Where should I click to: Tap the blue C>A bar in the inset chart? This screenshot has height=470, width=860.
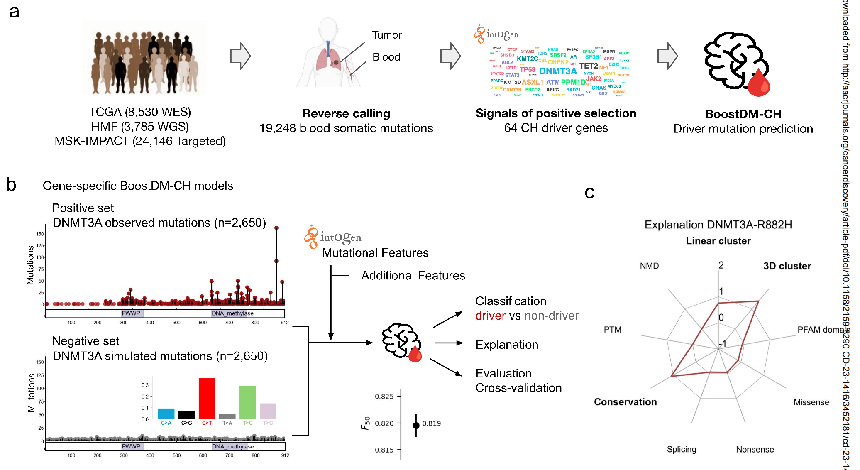[x=166, y=414]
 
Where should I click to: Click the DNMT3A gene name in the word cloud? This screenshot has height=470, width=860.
[x=558, y=71]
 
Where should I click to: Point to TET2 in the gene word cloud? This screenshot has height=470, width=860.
[x=589, y=66]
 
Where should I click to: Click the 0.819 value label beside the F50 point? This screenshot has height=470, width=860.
[x=432, y=423]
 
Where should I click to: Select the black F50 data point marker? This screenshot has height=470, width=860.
[x=416, y=425]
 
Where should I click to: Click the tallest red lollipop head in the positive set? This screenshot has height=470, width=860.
[x=276, y=228]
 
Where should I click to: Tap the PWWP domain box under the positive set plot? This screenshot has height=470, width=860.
[x=132, y=313]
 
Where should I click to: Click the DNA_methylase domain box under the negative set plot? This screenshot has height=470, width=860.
[x=233, y=446]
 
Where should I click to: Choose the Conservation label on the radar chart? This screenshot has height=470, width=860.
[x=625, y=402]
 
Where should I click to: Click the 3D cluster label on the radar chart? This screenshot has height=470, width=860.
[x=787, y=266]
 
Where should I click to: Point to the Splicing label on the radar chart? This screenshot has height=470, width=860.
[x=681, y=449]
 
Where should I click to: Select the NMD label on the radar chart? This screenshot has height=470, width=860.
[x=649, y=266]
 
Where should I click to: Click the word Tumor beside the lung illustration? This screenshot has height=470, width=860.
[x=386, y=35]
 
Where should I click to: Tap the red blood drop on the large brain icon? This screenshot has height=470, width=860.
[x=758, y=83]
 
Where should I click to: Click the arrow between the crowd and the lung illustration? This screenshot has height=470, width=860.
[x=241, y=56]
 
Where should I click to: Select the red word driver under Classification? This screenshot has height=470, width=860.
[x=490, y=316]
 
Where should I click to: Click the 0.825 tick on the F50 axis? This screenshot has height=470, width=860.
[x=384, y=397]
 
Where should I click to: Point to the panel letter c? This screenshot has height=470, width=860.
[x=589, y=193]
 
